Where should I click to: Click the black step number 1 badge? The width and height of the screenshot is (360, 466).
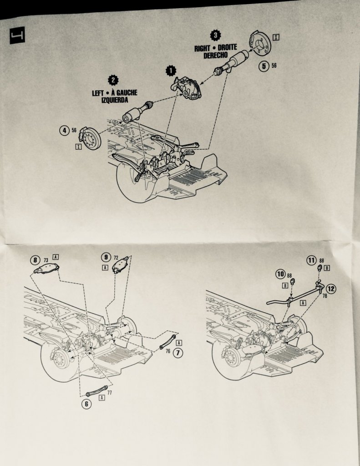click(x=171, y=71)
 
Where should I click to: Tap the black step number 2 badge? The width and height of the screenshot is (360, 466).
click(x=113, y=80)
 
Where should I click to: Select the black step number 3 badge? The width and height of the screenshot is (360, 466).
click(x=216, y=35)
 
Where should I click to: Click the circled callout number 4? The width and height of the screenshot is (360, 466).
click(x=64, y=130)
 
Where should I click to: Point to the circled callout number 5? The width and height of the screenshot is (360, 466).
click(x=264, y=66)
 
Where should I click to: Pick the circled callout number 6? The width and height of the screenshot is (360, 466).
click(x=86, y=404)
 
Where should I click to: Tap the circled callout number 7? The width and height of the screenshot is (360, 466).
click(x=178, y=353)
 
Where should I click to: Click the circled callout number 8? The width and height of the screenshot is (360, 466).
click(x=35, y=260)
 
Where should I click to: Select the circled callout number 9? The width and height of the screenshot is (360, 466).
click(x=106, y=257)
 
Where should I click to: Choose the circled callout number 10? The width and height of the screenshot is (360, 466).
click(x=280, y=274)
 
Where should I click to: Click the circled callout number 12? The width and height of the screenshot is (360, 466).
click(x=331, y=288)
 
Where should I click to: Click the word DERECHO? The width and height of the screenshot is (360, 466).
click(x=215, y=55)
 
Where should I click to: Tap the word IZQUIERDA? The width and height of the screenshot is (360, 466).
click(x=114, y=100)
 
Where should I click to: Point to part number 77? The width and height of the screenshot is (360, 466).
click(x=110, y=392)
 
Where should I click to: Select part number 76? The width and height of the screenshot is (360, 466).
click(x=168, y=351)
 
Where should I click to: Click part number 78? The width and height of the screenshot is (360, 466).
click(x=325, y=296)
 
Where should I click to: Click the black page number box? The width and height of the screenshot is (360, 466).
click(x=17, y=35)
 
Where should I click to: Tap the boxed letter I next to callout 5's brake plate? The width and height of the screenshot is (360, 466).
click(x=276, y=37)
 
